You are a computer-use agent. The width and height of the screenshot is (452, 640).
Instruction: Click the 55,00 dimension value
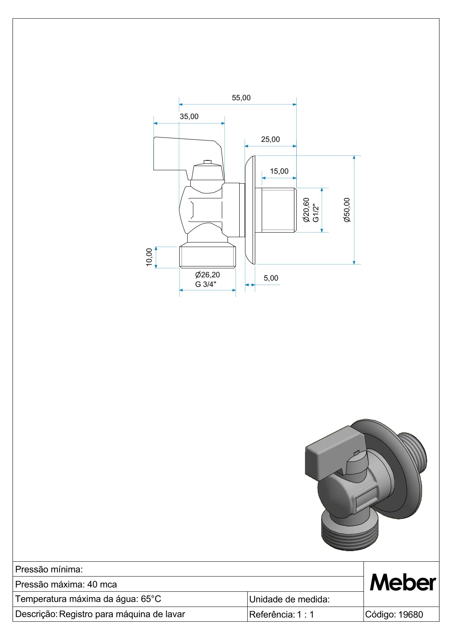coord(241,98)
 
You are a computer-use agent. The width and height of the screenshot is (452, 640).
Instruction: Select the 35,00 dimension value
coord(189,117)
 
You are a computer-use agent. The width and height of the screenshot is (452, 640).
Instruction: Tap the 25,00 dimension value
coord(270,139)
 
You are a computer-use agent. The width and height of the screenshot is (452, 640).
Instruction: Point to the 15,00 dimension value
coord(279,171)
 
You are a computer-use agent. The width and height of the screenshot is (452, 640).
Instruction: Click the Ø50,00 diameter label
coord(347,210)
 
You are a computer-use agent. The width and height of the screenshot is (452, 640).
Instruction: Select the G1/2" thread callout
coord(316,212)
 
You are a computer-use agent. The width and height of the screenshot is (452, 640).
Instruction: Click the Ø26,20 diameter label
coord(208,275)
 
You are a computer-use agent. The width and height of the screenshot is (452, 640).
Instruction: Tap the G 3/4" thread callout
coord(205,284)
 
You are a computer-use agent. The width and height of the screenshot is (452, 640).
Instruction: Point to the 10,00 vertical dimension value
coord(149,257)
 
